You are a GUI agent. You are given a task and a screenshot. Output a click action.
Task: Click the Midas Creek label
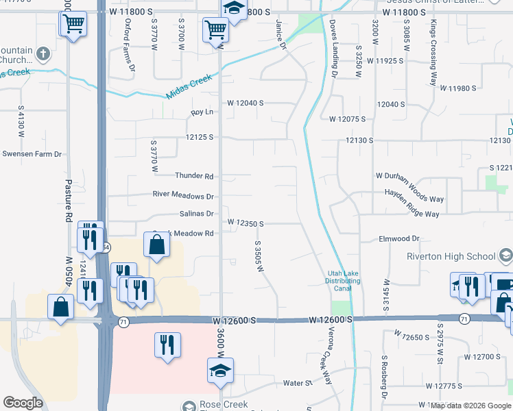[x=191, y=86]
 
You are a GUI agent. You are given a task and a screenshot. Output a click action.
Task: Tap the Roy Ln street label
[x=202, y=112]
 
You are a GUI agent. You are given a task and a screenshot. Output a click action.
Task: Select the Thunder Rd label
[x=194, y=176]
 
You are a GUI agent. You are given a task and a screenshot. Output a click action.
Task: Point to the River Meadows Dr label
[x=183, y=195]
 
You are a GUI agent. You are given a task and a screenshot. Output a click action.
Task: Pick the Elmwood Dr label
[x=398, y=238]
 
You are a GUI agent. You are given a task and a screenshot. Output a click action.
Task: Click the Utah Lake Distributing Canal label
[x=343, y=281]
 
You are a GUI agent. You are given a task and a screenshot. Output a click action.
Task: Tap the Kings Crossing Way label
[x=433, y=52]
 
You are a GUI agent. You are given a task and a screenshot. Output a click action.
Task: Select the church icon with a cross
[x=43, y=53]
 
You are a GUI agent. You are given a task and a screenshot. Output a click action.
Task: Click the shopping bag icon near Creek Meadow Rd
[x=156, y=244]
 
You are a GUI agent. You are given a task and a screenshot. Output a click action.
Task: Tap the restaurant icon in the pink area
[x=167, y=344]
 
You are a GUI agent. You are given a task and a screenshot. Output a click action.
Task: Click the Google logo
[x=23, y=403]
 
